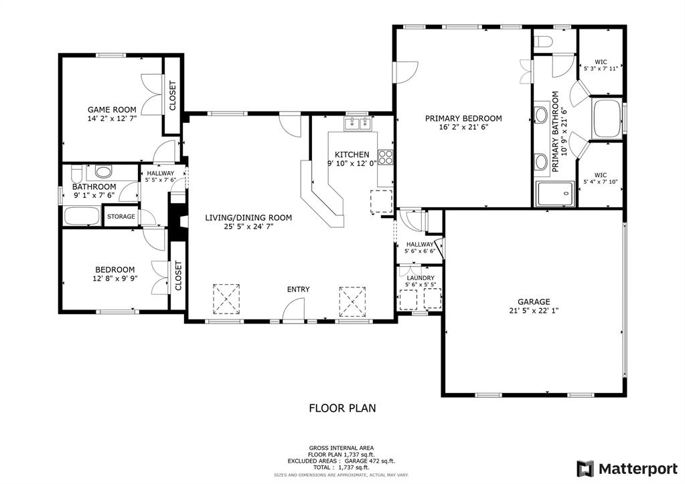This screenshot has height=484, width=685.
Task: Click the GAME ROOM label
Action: pyautogui.click(x=112, y=110)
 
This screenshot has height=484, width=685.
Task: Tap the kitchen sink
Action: pyautogui.click(x=358, y=123)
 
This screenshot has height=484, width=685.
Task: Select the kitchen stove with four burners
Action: pyautogui.click(x=386, y=158)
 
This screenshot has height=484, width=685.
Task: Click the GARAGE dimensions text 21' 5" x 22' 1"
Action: pyautogui.click(x=533, y=310)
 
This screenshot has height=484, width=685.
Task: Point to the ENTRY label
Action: pyautogui.click(x=298, y=289)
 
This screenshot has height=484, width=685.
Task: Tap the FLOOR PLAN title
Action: pyautogui.click(x=342, y=407)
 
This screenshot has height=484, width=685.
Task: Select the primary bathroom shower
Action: pyautogui.click(x=555, y=193)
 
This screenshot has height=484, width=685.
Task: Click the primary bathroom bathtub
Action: pyautogui.click(x=607, y=118)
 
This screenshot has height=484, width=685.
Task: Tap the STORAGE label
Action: pyautogui.click(x=121, y=217)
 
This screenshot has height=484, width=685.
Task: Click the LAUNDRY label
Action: pyautogui.click(x=420, y=277)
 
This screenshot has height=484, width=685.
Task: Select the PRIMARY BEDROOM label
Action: pyautogui.click(x=463, y=118)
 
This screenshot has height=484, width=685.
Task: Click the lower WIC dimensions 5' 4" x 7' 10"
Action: pyautogui.click(x=601, y=181)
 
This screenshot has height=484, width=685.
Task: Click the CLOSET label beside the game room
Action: pyautogui.click(x=172, y=96)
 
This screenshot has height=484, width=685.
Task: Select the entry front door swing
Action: pyautogui.click(x=293, y=308)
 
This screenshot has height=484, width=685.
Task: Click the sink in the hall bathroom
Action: pyautogui.click(x=103, y=172)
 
